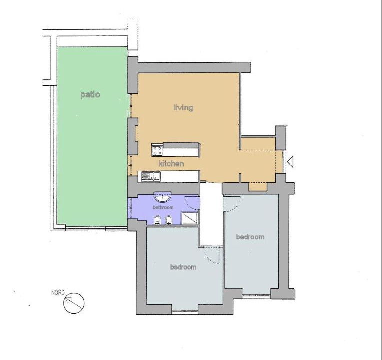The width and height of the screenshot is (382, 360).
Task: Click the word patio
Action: tap(90, 94)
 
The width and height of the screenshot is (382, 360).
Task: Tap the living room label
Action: tap(183, 107)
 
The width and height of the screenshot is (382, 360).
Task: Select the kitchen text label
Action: tap(171, 163)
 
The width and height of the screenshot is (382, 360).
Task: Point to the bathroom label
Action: tap(163, 207)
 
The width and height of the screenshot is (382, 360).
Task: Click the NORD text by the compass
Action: tap(58, 293)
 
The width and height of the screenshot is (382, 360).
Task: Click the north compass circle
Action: tap(74, 303)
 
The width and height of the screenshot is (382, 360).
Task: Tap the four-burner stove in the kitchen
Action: tap(157, 150)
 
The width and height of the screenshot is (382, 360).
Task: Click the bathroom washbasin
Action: tap(162, 197)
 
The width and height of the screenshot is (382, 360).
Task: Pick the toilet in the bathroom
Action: tap(157, 220)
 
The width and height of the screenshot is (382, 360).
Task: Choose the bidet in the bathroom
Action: tap(169, 220)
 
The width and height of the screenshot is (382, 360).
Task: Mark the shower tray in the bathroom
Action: tap(190, 218)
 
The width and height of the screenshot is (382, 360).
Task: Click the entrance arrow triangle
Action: tap(290, 162)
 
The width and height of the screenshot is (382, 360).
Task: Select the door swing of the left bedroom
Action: tap(209, 258)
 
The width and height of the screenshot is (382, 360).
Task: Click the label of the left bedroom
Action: tap(183, 267)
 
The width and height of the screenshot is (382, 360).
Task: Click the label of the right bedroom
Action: tap(250, 237)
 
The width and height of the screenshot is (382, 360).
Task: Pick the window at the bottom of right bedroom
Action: tap(257, 295)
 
